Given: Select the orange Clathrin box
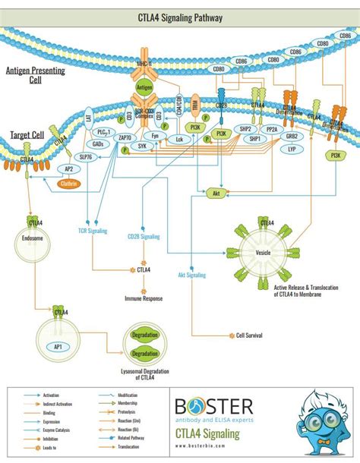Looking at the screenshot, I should point(71,183).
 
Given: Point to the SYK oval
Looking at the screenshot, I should point(141,146).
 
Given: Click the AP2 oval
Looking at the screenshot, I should point(68,170).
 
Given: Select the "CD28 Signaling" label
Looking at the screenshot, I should point(144,237).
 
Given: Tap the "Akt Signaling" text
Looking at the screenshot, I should point(191,275).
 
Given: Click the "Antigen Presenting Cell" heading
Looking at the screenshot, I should point(33,74).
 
